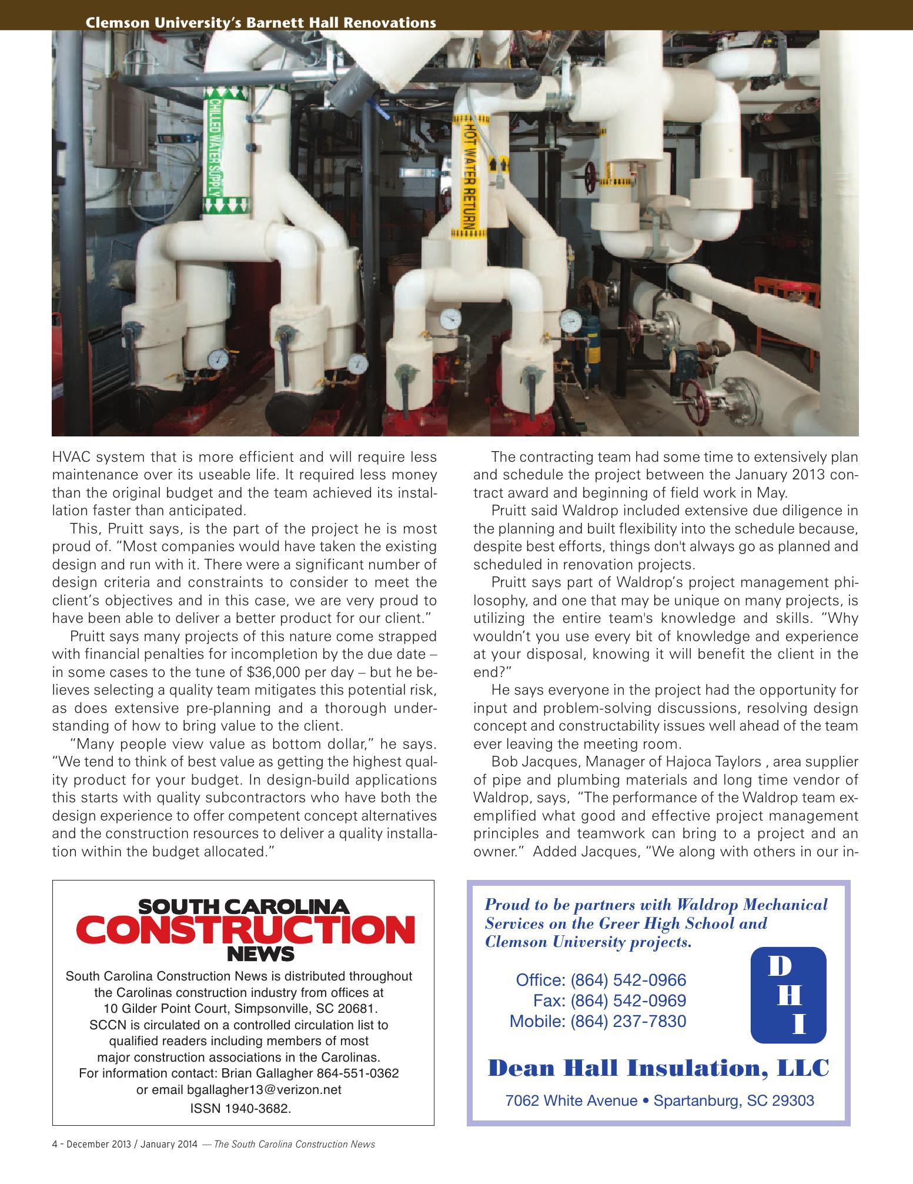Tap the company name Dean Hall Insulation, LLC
pos(658,1068)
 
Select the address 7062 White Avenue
pos(571,1100)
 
